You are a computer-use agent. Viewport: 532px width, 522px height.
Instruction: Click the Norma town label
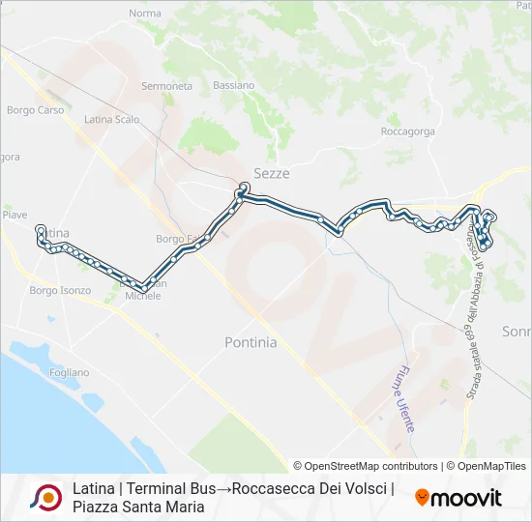[144, 14]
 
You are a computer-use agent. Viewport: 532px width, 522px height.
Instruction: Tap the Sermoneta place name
[166, 86]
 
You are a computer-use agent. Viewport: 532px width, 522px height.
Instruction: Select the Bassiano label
[234, 85]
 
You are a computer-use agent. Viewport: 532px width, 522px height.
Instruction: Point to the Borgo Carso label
[35, 110]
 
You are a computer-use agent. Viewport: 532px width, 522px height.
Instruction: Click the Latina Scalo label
[112, 120]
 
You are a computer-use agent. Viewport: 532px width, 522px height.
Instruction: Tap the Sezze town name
[271, 173]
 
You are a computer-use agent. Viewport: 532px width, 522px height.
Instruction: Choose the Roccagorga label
[407, 131]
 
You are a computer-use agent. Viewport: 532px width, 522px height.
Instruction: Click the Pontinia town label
[251, 342]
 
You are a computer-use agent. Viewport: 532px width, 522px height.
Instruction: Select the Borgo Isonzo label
[60, 290]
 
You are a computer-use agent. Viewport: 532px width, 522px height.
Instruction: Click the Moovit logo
[458, 498]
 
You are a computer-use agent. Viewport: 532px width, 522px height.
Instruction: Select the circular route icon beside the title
[45, 498]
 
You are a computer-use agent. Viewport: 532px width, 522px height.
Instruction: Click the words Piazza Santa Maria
[138, 507]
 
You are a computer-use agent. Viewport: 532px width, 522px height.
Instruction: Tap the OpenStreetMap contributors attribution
[366, 466]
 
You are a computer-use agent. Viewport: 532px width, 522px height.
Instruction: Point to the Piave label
[15, 215]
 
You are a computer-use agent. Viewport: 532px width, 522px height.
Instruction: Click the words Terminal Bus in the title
[164, 488]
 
